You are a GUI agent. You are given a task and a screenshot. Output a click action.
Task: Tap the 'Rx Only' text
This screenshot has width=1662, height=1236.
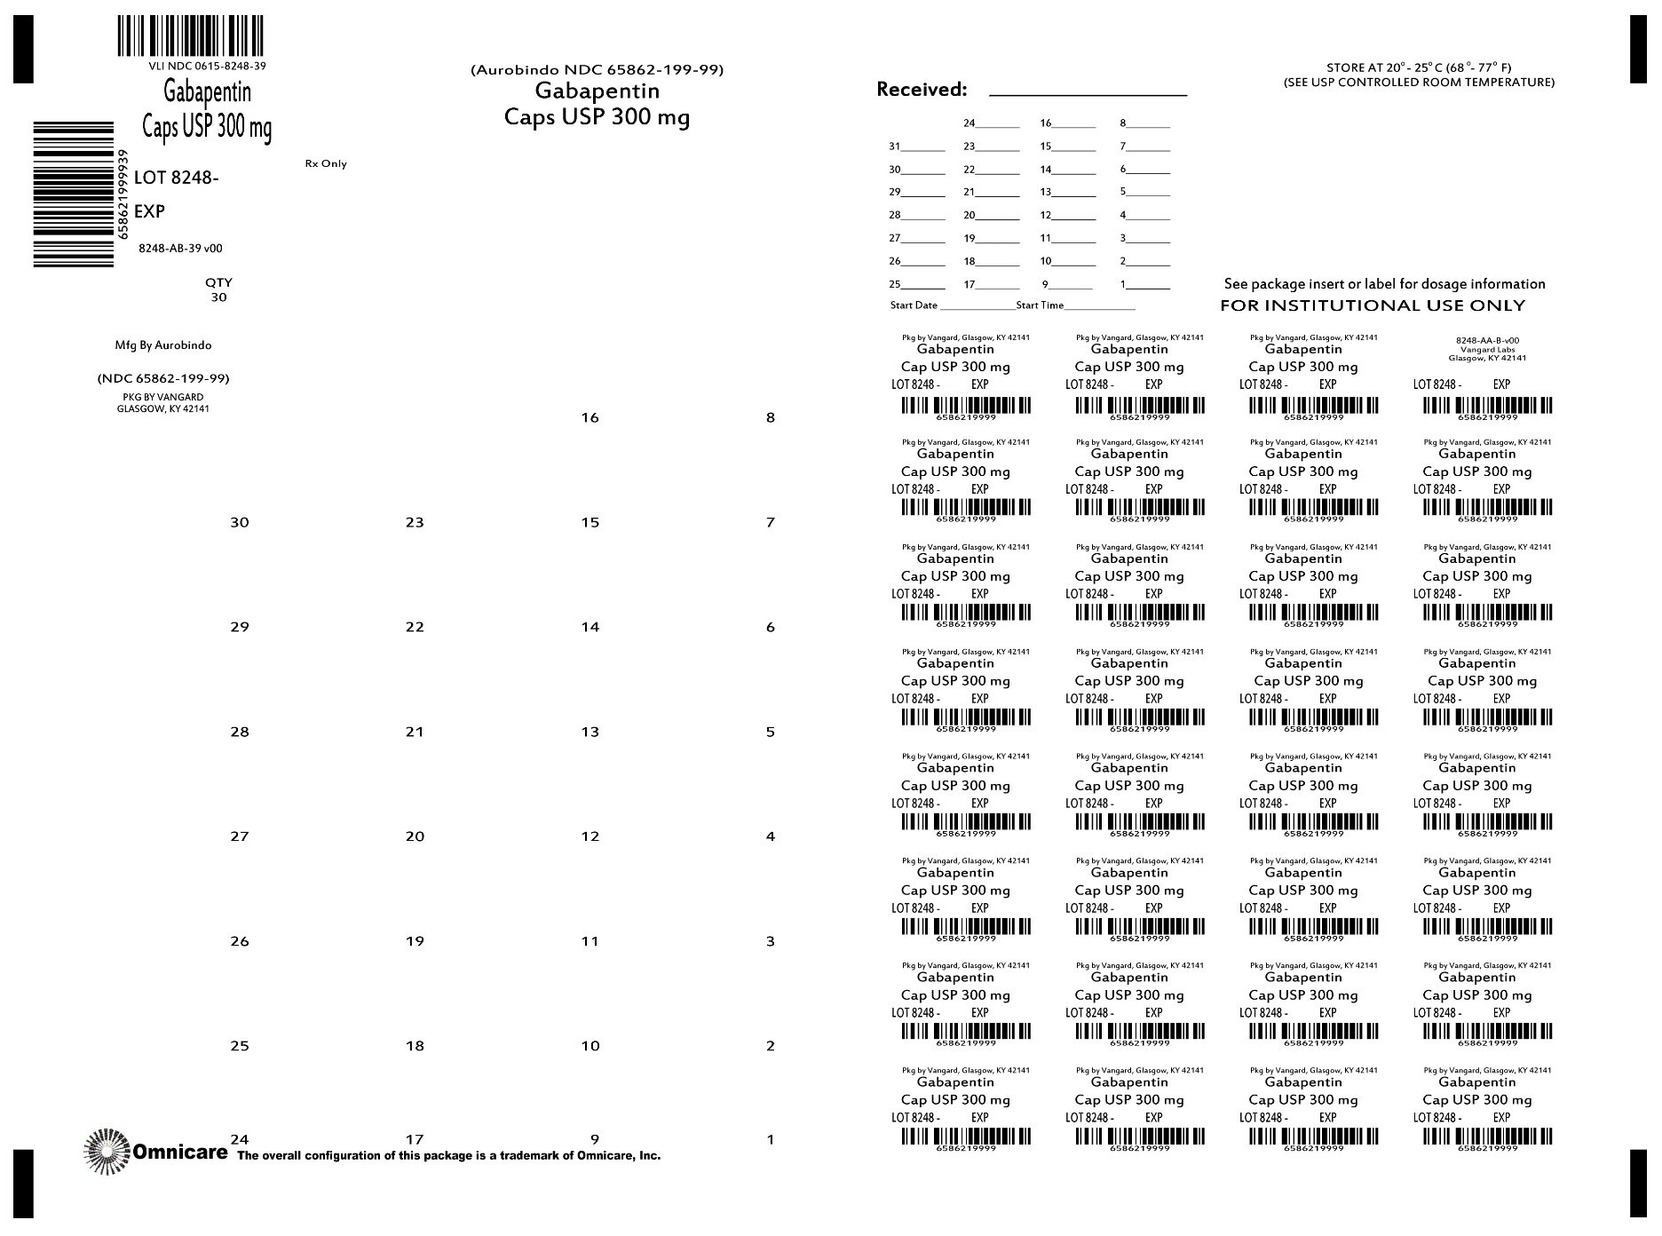point(326,164)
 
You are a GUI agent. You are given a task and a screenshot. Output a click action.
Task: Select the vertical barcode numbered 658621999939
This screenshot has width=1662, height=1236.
point(74,194)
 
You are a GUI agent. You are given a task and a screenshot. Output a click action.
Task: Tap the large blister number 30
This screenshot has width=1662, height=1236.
point(240,523)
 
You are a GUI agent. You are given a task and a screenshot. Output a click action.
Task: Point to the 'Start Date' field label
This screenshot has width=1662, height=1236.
point(914,305)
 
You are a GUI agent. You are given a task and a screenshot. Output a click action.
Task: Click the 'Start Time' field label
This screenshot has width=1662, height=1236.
point(1040,305)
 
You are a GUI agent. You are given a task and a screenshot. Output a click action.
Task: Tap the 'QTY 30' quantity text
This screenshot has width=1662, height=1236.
point(218,290)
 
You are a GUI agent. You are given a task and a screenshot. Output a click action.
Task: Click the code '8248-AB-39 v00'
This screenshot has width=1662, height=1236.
point(180,250)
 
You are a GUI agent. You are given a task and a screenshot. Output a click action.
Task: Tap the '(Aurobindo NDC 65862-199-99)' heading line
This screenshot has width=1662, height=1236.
point(597,70)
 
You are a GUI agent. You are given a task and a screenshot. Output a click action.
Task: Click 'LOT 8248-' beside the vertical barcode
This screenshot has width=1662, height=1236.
point(176,178)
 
